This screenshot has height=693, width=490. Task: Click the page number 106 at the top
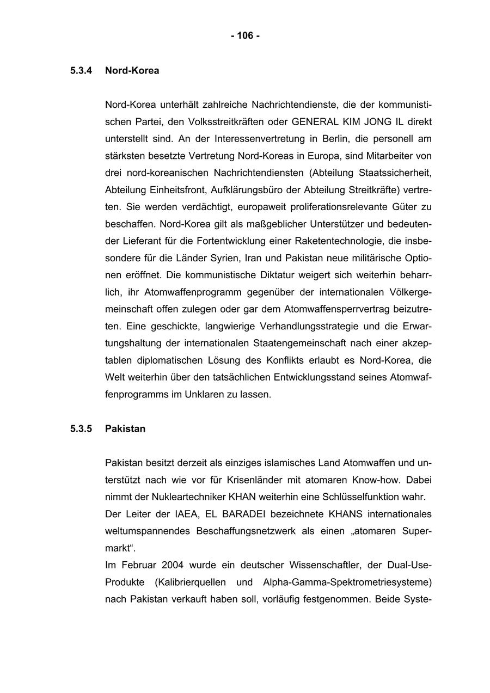pyautogui.click(x=245, y=36)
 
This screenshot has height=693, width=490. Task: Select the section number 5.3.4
pyautogui.click(x=81, y=71)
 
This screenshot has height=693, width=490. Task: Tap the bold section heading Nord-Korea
pyautogui.click(x=132, y=71)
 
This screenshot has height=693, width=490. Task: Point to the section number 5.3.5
pyautogui.click(x=81, y=429)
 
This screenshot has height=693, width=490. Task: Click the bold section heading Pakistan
pyautogui.click(x=125, y=429)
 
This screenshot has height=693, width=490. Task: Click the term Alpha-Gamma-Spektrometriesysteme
pyautogui.click(x=347, y=582)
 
